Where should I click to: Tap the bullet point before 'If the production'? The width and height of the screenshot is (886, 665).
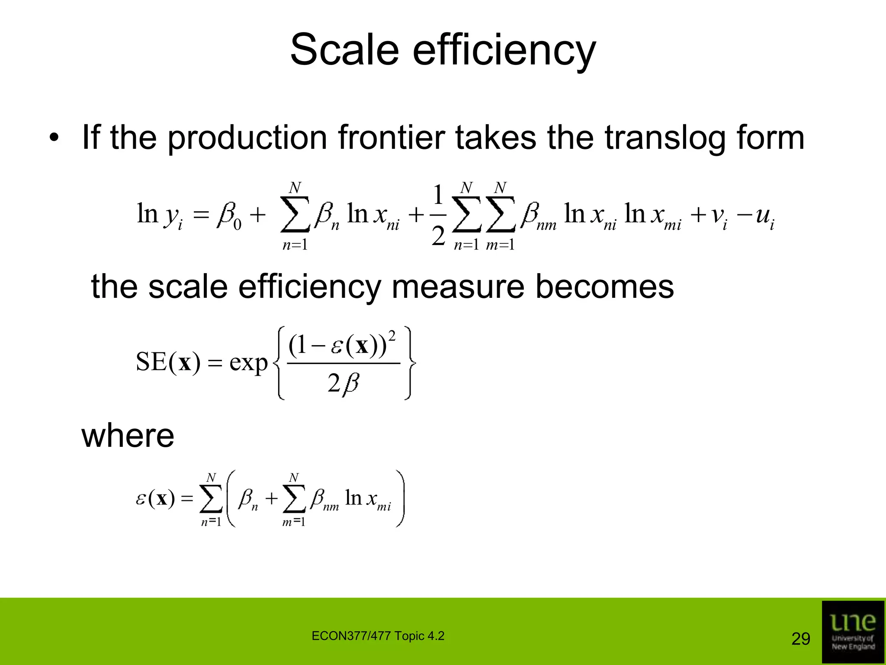[54, 139]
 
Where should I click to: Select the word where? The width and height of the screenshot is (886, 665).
[128, 436]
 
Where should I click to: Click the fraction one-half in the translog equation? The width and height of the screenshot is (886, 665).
[438, 215]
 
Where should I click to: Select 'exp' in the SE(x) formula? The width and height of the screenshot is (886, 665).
[248, 363]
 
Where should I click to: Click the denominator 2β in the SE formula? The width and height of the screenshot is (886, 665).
[343, 383]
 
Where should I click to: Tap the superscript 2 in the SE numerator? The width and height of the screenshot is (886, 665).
[392, 336]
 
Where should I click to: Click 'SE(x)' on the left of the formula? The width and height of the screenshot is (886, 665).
[168, 362]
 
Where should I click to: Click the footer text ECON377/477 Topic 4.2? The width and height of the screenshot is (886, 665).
[378, 636]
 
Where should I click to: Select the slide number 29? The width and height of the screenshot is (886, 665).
[800, 639]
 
